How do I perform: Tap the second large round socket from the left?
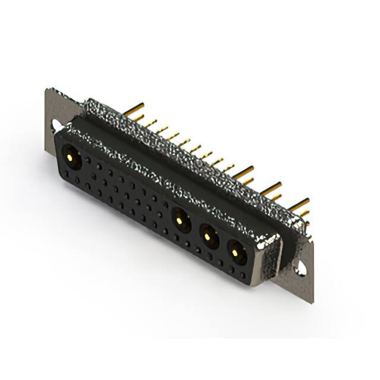pos(181,222)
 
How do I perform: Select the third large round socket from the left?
pos(208,237)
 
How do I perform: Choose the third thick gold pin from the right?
pos(243,172)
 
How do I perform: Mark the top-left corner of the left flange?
pos(47,90)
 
